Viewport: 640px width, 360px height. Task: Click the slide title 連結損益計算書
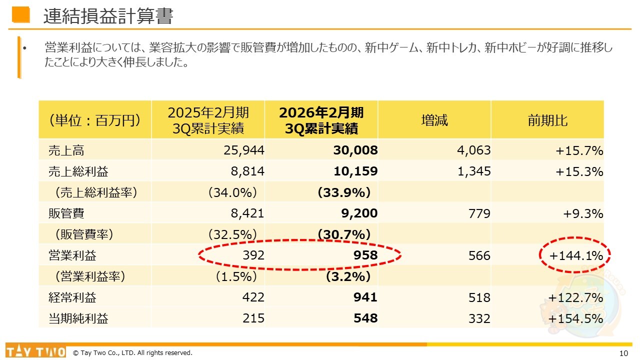click(x=108, y=16)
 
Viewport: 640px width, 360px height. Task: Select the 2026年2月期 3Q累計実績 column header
click(x=321, y=120)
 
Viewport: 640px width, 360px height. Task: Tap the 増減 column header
click(x=434, y=120)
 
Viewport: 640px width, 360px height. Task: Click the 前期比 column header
click(x=547, y=120)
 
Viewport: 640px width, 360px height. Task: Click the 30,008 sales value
click(x=355, y=150)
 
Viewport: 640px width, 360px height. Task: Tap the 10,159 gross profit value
click(x=355, y=171)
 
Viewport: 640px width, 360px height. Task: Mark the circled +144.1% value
click(x=576, y=256)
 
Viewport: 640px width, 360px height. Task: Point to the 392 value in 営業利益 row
click(x=253, y=256)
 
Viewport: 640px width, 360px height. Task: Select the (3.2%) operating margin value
click(x=348, y=276)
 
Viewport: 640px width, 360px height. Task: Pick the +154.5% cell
click(x=576, y=318)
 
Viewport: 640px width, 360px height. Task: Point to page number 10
click(x=623, y=353)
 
